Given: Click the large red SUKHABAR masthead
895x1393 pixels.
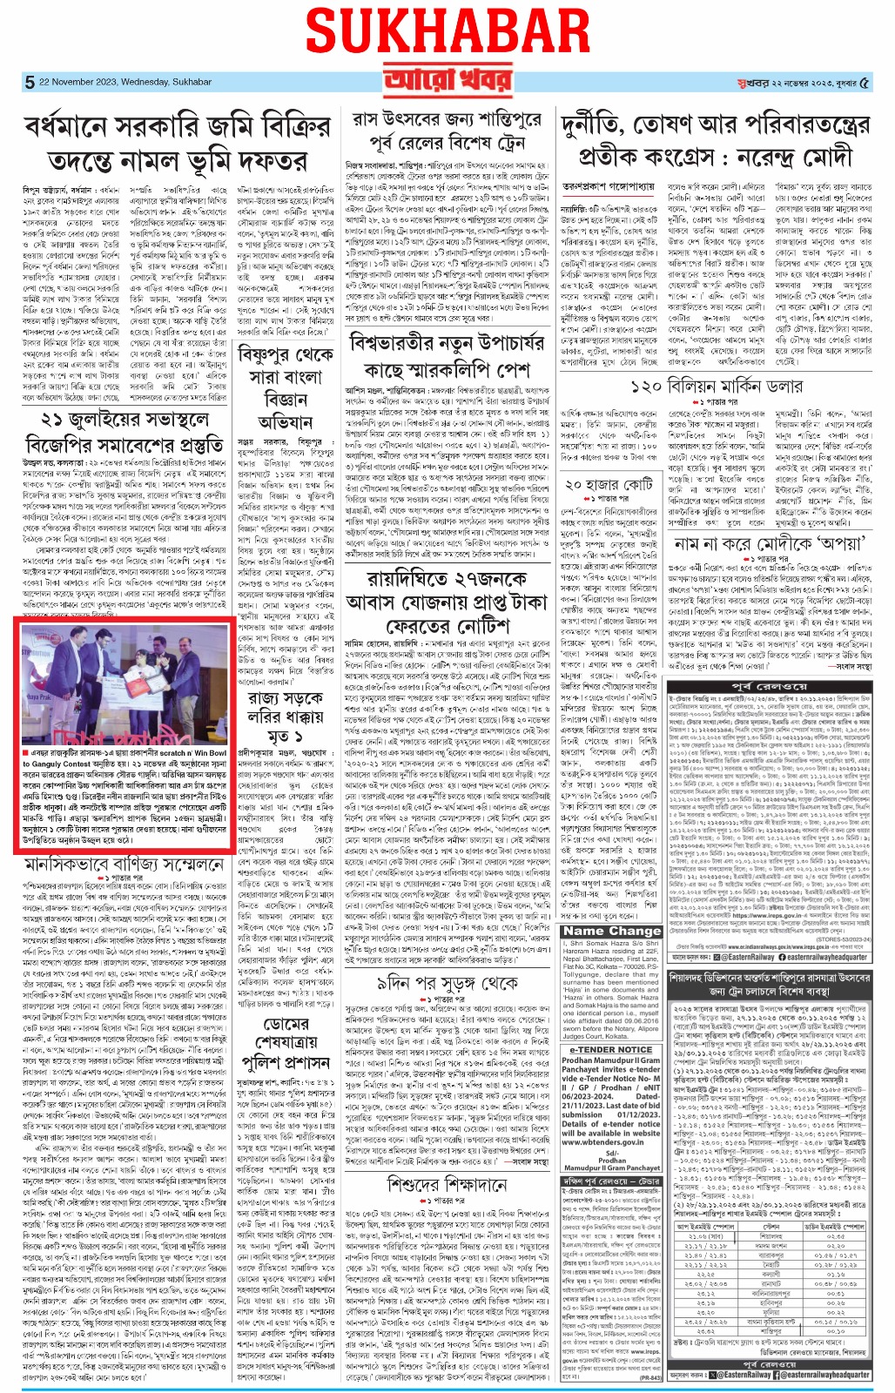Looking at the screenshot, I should point(447,34).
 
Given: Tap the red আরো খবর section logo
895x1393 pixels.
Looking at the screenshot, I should point(447,82).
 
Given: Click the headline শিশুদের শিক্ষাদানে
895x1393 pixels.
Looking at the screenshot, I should point(460,1184).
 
